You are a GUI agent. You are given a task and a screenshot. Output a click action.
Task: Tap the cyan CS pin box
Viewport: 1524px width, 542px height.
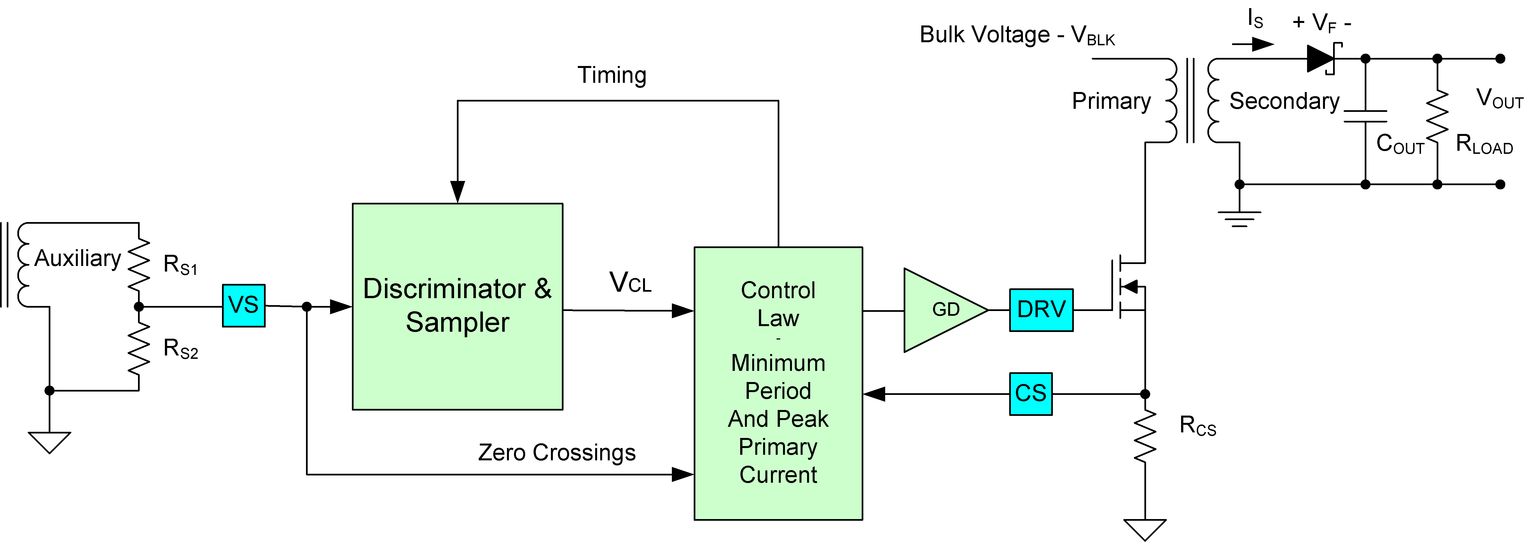tap(1030, 394)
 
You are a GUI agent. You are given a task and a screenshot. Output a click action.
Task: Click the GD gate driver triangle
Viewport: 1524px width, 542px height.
tap(941, 310)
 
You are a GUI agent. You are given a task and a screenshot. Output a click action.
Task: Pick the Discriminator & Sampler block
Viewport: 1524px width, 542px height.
tap(457, 306)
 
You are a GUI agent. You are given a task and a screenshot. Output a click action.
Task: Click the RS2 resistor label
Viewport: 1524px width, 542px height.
tap(180, 349)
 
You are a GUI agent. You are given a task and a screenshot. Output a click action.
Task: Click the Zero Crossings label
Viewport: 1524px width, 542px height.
tap(557, 453)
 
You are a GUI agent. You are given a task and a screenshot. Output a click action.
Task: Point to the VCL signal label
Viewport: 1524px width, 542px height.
tap(630, 282)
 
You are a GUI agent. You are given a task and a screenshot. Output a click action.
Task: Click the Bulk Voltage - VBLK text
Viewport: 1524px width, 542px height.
tap(1016, 36)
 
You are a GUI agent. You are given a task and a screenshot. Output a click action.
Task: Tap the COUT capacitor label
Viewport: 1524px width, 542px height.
tap(1399, 144)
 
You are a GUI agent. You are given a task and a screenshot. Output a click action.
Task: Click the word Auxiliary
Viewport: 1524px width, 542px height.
tap(78, 258)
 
